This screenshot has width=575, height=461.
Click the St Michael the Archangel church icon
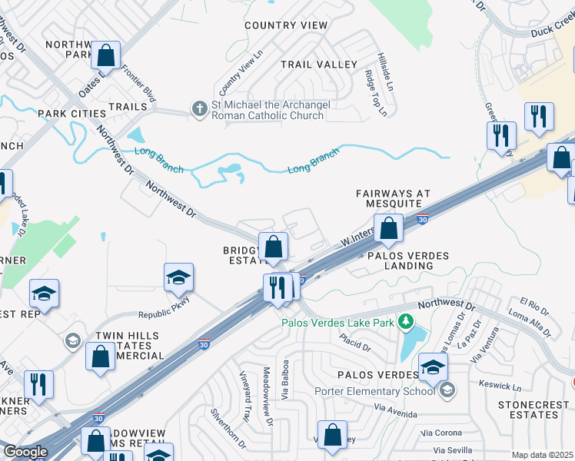(199, 108)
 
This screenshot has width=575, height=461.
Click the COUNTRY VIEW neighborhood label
(286, 25)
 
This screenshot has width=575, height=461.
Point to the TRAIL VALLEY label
(318, 65)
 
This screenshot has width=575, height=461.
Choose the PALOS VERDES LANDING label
(400, 260)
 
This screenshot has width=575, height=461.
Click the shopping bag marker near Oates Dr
(106, 55)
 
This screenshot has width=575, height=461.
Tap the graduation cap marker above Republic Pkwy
(178, 277)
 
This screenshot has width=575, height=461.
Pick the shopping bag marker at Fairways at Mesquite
(389, 227)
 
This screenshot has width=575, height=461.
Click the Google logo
(25, 452)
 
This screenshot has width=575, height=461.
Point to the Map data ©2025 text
(542, 455)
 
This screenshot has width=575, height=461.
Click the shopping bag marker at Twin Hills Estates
(100, 357)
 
